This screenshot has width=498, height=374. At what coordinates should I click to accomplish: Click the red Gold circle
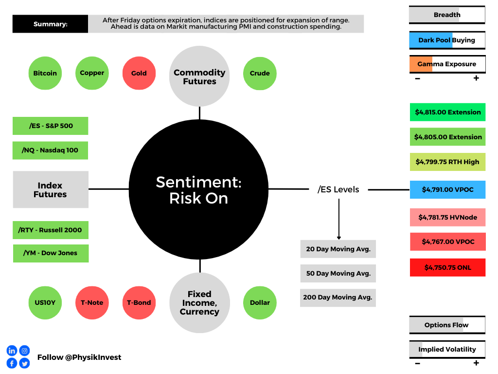(139, 73)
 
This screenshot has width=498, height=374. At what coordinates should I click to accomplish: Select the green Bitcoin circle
(45, 73)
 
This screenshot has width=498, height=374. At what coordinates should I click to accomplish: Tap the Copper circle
(92, 73)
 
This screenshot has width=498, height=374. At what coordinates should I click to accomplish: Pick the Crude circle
(260, 74)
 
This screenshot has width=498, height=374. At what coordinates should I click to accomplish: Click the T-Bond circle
(139, 303)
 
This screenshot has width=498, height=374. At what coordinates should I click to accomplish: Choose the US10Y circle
(45, 303)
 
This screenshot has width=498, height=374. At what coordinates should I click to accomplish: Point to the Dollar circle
(260, 303)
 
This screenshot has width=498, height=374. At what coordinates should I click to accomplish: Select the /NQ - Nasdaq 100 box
(50, 150)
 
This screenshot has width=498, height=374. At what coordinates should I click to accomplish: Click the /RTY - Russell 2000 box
(51, 230)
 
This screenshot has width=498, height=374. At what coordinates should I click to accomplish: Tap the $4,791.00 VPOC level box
(447, 189)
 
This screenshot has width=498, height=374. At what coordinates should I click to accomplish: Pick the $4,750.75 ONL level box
(447, 267)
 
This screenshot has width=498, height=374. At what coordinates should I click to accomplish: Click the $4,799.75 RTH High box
(447, 162)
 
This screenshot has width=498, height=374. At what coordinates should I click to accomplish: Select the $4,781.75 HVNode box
(447, 217)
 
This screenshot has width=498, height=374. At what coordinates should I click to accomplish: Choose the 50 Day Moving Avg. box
(338, 274)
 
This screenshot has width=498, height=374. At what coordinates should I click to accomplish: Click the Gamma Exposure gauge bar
(447, 64)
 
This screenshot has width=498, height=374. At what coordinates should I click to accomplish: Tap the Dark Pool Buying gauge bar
(447, 40)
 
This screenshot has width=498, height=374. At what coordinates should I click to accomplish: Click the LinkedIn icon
(12, 351)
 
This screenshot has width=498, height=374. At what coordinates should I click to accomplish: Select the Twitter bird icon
(24, 363)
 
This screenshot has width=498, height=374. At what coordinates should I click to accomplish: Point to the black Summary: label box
(50, 24)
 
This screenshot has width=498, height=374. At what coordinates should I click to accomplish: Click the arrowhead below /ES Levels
(339, 238)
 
